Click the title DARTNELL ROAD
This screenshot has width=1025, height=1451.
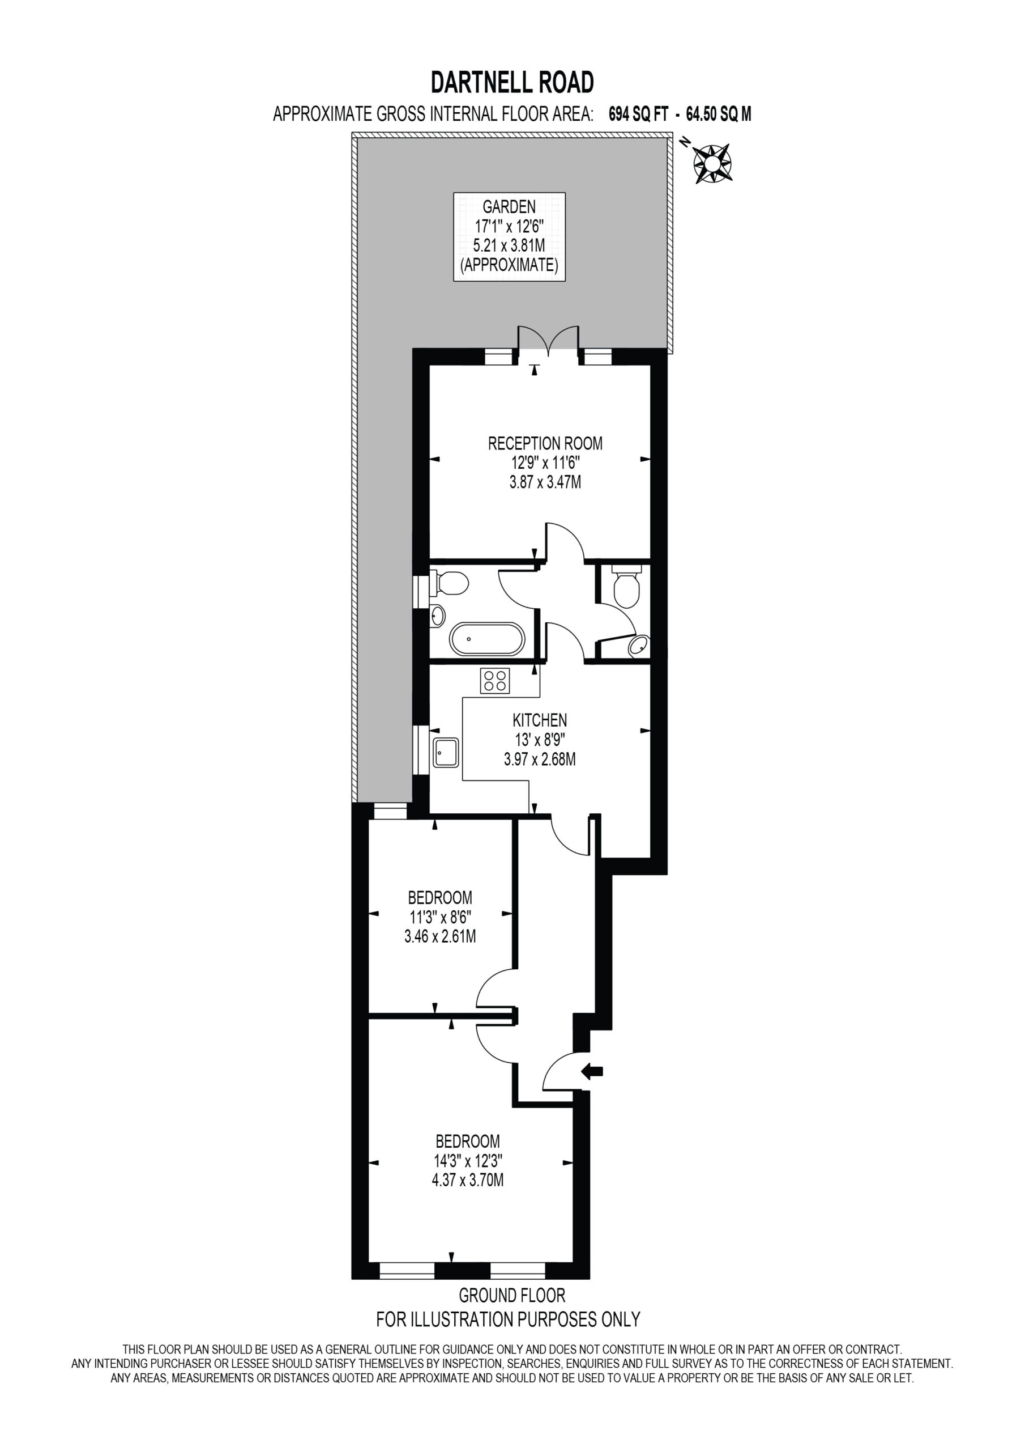512,82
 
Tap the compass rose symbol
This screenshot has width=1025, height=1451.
712,163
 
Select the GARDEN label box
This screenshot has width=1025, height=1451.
509,236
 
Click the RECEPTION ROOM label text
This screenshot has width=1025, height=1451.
545,443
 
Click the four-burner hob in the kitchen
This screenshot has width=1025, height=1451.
495,681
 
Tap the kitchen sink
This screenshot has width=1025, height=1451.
446,752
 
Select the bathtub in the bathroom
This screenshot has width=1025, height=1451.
486,639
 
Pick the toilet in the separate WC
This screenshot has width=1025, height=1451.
626,584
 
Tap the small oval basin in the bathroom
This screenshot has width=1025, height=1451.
437,616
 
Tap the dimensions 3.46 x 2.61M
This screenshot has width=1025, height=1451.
440,936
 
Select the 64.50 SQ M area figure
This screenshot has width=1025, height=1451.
719,114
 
